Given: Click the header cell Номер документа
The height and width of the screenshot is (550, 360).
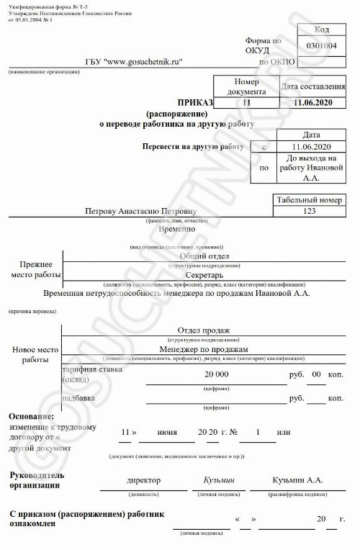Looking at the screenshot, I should [x=246, y=87].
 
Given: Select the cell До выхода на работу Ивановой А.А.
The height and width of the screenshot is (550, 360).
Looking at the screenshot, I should [x=311, y=167].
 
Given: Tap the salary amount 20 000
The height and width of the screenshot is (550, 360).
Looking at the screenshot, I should [x=217, y=375].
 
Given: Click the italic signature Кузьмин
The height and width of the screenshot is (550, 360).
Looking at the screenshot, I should [x=220, y=480].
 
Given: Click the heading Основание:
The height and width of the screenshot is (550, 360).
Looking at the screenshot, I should [x=32, y=418].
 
